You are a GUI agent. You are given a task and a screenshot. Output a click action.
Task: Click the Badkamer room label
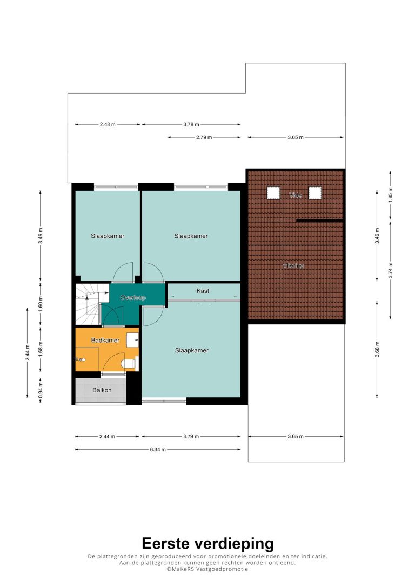click(x=105, y=341)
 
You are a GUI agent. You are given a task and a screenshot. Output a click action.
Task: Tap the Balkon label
click(x=102, y=390)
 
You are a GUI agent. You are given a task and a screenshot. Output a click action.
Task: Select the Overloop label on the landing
click(x=133, y=298)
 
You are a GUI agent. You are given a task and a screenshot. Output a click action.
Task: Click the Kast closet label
click(x=203, y=291)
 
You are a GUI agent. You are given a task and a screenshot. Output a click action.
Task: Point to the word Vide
click(x=295, y=196)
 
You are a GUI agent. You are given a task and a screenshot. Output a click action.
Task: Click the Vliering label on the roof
click(x=293, y=265)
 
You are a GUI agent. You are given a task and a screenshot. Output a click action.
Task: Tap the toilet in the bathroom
click(x=129, y=363)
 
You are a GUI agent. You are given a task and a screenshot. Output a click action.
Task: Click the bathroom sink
click(x=132, y=340)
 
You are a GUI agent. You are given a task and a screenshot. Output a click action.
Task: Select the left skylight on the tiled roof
click(x=273, y=193)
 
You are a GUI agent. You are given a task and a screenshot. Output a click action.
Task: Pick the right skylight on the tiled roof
click(x=314, y=193)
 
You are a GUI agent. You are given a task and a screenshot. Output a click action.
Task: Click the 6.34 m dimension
click(x=158, y=449)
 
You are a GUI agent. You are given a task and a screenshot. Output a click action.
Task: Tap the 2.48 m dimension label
click(x=108, y=125)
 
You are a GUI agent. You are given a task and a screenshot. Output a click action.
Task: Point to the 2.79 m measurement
click(x=204, y=137)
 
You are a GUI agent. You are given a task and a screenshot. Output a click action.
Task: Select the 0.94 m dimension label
click(x=41, y=390)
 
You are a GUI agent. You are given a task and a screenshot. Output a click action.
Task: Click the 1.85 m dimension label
click(x=390, y=195)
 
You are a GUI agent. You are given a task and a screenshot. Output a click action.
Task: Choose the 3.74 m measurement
click(x=390, y=270)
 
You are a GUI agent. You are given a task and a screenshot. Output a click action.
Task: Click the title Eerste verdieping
click(x=207, y=544)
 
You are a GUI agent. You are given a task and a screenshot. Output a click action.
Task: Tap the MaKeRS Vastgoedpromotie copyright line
click(x=207, y=569)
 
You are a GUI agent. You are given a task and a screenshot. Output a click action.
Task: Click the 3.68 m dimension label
click(x=377, y=349)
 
